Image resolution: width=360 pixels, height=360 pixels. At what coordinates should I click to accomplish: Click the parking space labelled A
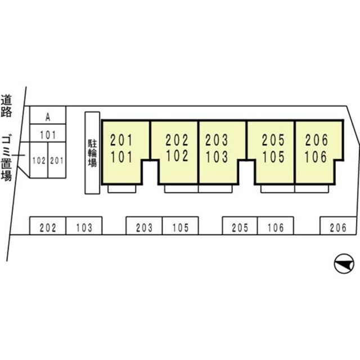(48, 115)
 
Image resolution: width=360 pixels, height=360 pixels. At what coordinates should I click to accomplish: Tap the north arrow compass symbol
(344, 264)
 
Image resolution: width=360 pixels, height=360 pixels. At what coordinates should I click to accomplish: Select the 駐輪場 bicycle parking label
(92, 153)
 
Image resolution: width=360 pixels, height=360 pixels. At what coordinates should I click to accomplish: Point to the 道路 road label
(6, 106)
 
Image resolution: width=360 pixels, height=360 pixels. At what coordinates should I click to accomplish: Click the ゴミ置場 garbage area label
(6, 159)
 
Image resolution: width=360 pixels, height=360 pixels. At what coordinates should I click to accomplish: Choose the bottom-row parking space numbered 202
(48, 226)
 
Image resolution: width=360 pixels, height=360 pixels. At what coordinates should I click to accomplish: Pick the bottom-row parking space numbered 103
(84, 226)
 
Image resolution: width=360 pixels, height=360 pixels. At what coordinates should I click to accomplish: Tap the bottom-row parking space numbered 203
(144, 226)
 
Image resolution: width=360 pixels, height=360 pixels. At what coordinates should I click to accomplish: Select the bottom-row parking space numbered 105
(181, 226)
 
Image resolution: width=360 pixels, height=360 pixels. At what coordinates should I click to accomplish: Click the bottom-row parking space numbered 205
(240, 226)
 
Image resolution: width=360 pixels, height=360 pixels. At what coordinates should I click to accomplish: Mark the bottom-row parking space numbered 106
(276, 226)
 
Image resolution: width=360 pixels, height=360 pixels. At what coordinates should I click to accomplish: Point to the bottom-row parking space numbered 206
(338, 226)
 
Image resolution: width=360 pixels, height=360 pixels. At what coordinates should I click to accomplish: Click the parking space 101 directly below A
(48, 133)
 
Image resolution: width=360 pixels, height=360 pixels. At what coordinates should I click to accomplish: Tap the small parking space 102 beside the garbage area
(39, 160)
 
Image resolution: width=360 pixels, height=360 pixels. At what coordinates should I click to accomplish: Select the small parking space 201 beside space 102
(57, 160)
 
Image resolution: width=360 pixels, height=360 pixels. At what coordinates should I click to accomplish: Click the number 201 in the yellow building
(121, 140)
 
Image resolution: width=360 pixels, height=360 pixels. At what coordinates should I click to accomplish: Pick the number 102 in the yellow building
(177, 156)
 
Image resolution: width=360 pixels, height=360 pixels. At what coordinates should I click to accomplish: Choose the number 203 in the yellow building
(217, 140)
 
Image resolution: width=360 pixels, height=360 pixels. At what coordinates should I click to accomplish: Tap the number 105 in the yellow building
(273, 157)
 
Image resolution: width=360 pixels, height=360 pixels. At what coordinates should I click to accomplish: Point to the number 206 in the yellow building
(316, 140)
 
